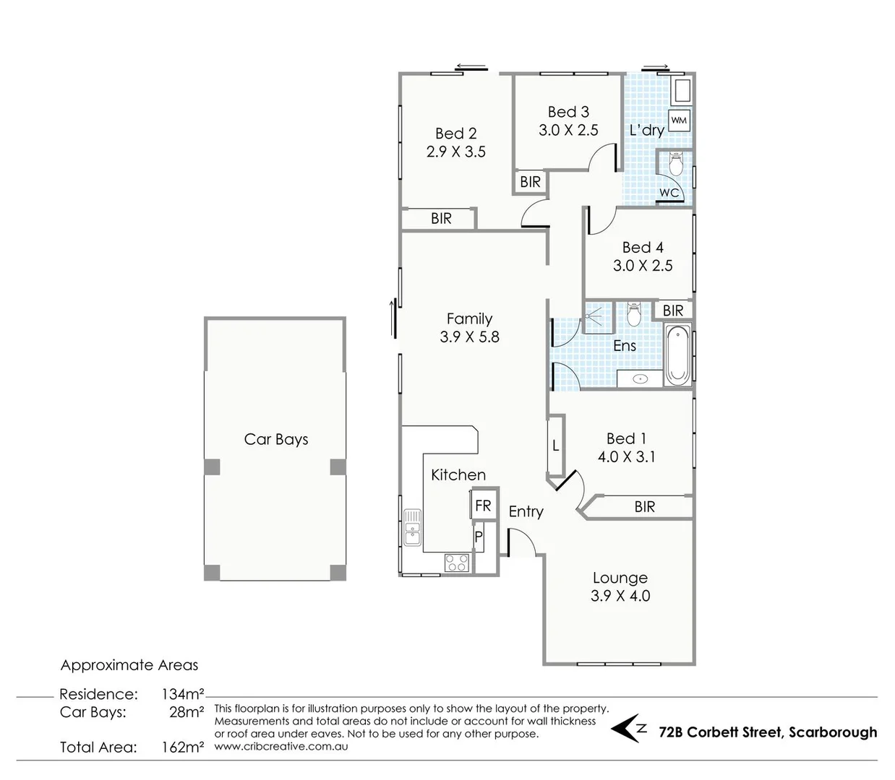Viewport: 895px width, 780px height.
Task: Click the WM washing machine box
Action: [x=679, y=120]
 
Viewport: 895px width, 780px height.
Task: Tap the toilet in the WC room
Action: [x=675, y=165]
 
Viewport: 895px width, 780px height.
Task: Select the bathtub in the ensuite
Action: [x=677, y=356]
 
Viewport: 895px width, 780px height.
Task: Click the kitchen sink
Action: [x=412, y=527]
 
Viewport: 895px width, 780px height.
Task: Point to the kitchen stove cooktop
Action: [x=456, y=563]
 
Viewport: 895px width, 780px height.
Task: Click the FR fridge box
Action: [x=482, y=506]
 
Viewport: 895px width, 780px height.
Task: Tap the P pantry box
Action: [x=479, y=537]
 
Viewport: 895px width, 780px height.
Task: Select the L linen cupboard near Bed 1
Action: [x=555, y=446]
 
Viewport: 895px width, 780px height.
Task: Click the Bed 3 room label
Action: [x=568, y=112]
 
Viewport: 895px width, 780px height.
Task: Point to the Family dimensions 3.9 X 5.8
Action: [x=469, y=337]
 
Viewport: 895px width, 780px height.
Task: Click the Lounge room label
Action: [x=620, y=578]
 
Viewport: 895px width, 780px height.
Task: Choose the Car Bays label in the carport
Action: [x=276, y=439]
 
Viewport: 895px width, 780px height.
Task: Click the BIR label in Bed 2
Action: [x=441, y=218]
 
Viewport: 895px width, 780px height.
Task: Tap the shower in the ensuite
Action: [x=597, y=318]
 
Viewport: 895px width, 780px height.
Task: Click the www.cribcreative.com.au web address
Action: [x=281, y=746]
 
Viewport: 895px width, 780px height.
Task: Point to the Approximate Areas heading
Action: [x=129, y=665]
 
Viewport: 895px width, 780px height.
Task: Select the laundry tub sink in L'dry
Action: [x=682, y=92]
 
